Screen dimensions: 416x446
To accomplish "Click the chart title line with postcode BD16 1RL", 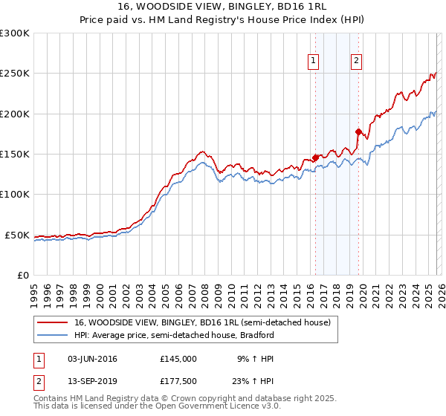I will click(x=223, y=7).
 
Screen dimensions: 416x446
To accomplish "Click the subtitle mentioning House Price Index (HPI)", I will click(x=223, y=20).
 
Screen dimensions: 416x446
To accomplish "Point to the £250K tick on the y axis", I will click(x=15, y=74).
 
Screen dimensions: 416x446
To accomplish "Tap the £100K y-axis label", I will click(x=15, y=195).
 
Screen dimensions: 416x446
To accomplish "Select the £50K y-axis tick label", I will click(x=17, y=235).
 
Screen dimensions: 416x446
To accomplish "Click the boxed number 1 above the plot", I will click(x=314, y=62).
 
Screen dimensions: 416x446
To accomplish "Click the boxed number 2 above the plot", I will click(x=357, y=62).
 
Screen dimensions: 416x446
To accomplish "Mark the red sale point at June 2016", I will click(x=314, y=157).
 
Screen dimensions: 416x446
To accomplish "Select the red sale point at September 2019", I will click(x=358, y=132).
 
